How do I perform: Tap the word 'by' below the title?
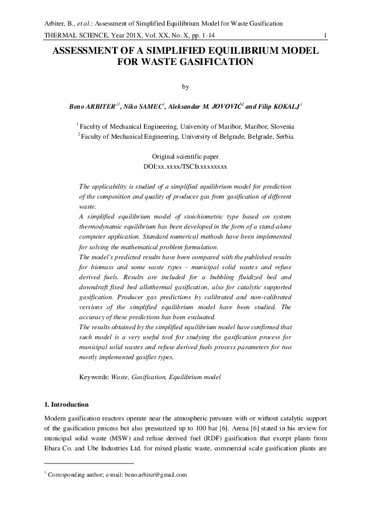(185, 87)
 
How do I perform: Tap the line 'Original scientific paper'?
(185, 157)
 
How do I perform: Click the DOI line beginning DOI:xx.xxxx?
(185, 167)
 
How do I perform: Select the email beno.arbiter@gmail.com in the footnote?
(153, 475)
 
